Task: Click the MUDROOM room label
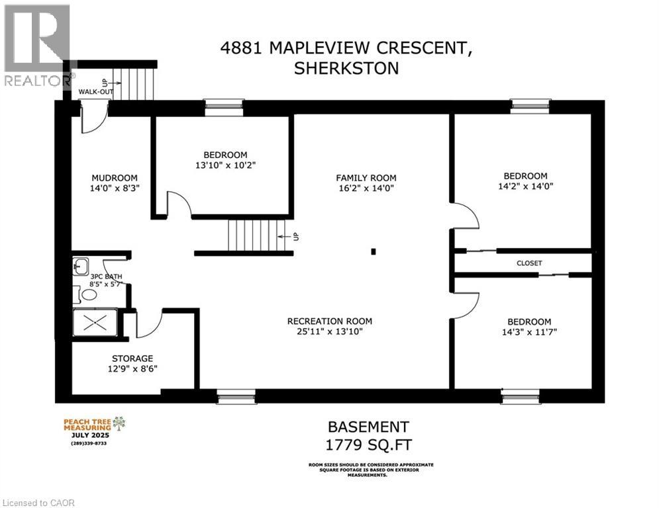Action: click(115, 177)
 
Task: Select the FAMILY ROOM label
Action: click(366, 177)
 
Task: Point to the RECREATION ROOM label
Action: click(325, 321)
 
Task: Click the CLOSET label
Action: click(529, 263)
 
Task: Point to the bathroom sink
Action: click(80, 266)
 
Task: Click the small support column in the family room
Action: click(374, 251)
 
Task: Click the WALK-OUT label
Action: click(95, 92)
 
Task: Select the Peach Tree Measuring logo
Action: click(93, 429)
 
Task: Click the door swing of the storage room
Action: click(148, 323)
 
